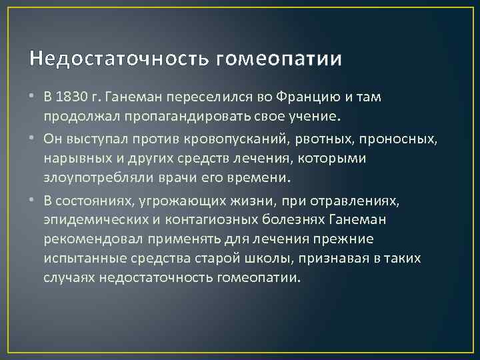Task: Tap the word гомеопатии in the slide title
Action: pyautogui.click(x=279, y=59)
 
